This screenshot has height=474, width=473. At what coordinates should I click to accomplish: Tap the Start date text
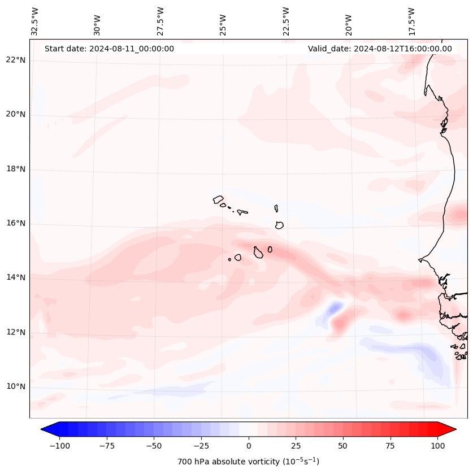(x=109, y=49)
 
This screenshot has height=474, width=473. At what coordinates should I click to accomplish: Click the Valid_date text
(x=380, y=49)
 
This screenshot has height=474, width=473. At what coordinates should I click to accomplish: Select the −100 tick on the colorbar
(x=59, y=445)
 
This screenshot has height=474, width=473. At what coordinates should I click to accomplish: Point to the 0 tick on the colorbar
(x=249, y=445)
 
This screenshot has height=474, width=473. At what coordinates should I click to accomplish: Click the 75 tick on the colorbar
(x=390, y=445)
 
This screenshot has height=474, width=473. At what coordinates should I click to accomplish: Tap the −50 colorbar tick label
(x=154, y=445)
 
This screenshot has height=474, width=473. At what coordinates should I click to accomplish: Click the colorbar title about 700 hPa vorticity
(x=249, y=462)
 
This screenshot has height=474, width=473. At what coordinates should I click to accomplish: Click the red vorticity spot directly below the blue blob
(x=339, y=324)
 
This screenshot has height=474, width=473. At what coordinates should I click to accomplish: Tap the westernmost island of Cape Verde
(x=218, y=199)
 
